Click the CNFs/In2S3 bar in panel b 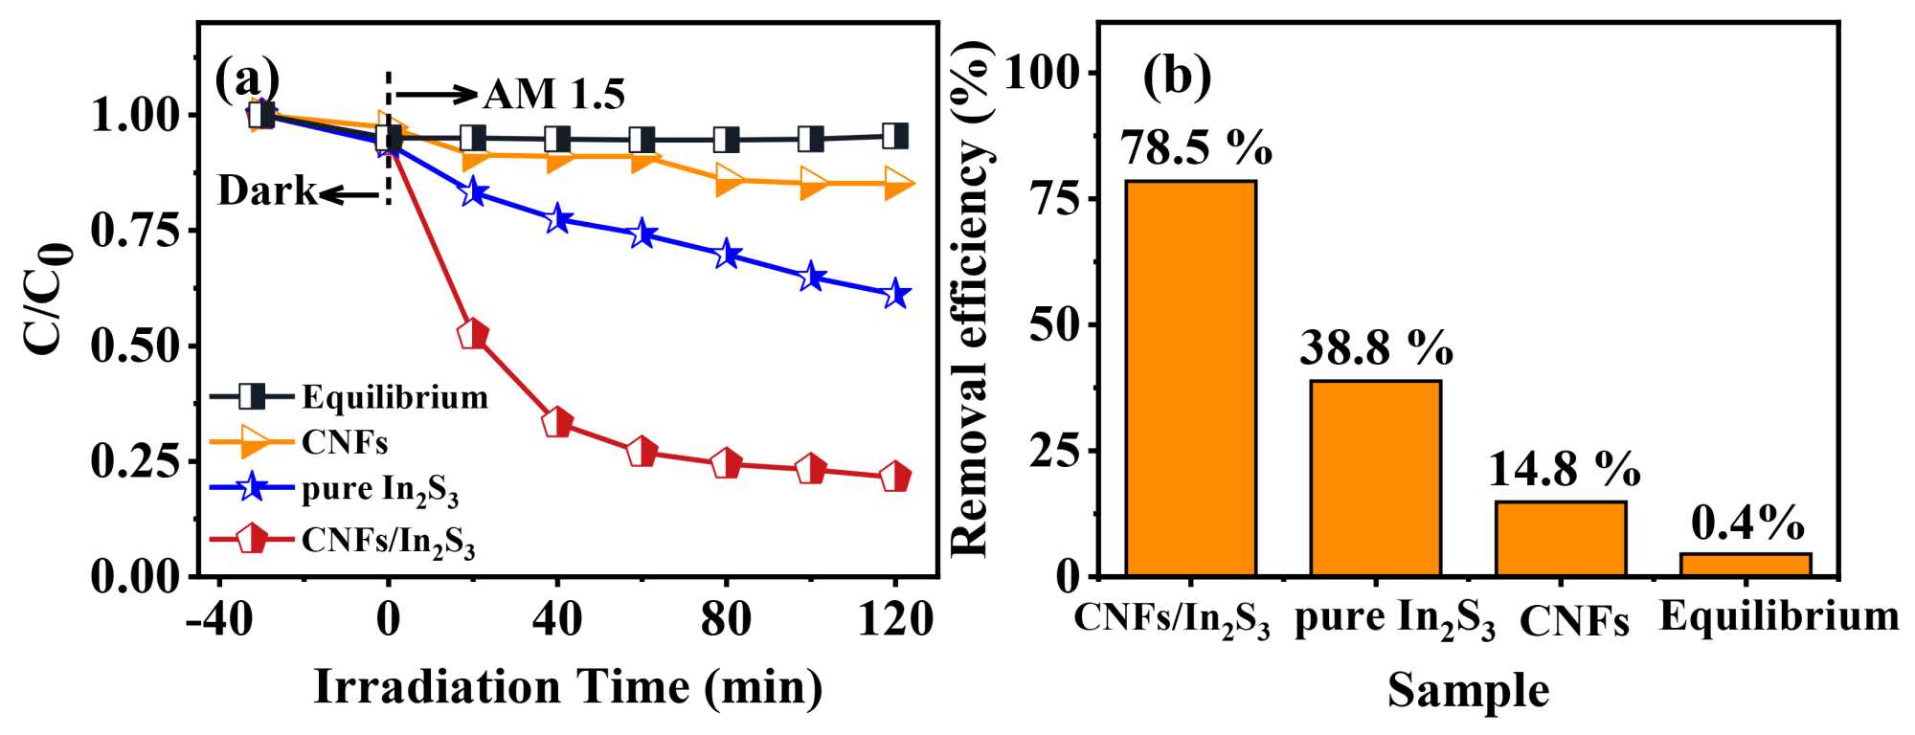[x=1190, y=378]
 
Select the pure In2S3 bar [x=1375, y=478]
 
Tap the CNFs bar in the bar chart [x=1561, y=538]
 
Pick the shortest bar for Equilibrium [x=1746, y=565]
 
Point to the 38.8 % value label [x=1376, y=348]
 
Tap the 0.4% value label [x=1747, y=523]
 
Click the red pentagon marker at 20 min [x=473, y=335]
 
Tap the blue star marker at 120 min [x=895, y=294]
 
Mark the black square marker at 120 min [x=895, y=136]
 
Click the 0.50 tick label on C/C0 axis [x=135, y=346]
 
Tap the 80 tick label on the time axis [x=726, y=620]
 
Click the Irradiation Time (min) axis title [x=568, y=687]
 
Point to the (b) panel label [x=1177, y=77]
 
